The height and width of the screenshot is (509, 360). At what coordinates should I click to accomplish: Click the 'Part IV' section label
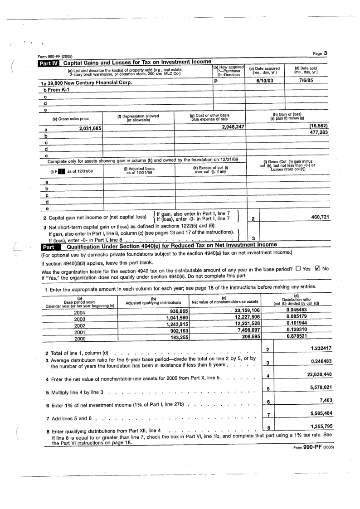click(48, 62)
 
